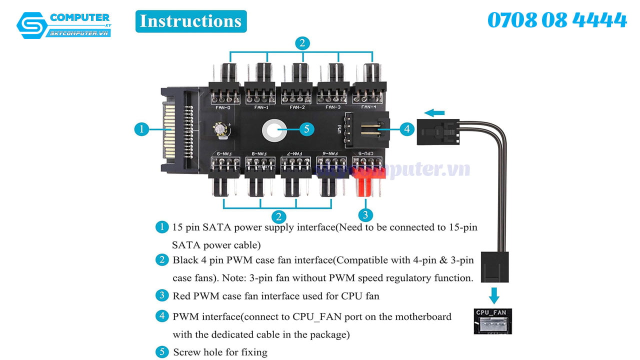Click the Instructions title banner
190,21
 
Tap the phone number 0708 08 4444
557,20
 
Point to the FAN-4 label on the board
369,107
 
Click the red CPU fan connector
367,180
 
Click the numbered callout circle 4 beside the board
407,129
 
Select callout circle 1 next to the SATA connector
142,129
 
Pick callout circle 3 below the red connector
366,215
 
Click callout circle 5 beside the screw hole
306,129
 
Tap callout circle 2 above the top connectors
301,43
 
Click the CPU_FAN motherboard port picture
493,321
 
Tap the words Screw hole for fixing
220,352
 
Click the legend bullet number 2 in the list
162,260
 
